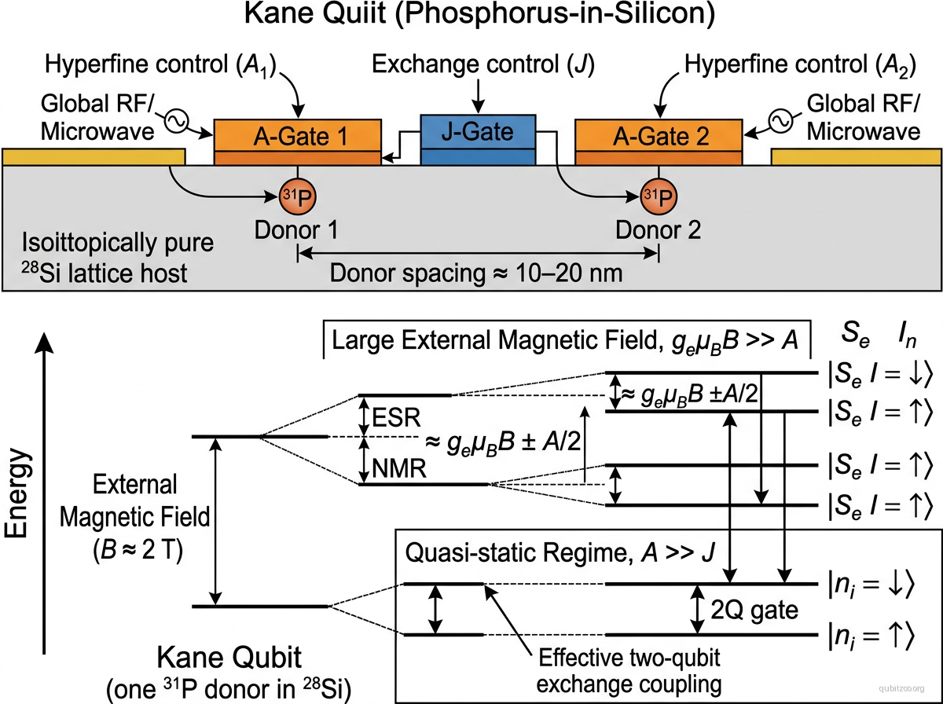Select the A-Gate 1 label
coord(295,138)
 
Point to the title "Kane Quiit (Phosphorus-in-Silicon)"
coord(472,19)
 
